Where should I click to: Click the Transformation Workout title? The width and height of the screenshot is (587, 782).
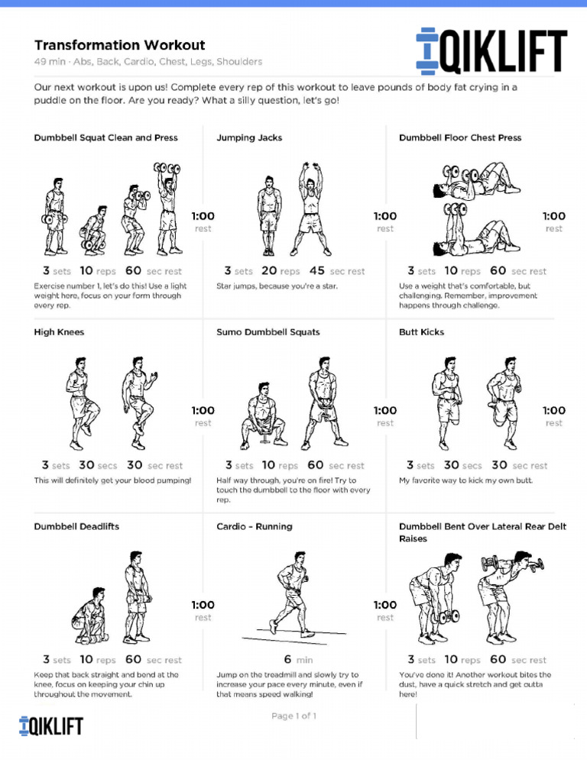(119, 46)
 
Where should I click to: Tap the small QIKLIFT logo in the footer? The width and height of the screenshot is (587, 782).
(50, 725)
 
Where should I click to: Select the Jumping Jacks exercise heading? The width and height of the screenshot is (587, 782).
(249, 138)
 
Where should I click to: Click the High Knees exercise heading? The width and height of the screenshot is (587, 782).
(59, 332)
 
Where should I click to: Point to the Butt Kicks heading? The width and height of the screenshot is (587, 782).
(421, 332)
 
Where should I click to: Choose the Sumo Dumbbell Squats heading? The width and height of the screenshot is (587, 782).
(268, 332)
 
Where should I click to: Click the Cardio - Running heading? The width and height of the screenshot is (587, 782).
(255, 527)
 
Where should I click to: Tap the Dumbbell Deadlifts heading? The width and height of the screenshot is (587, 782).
(76, 527)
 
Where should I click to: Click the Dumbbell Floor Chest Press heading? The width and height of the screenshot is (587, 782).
(460, 138)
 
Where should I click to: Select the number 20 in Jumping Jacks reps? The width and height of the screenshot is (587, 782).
(269, 271)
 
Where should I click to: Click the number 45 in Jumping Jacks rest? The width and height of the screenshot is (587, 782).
(317, 271)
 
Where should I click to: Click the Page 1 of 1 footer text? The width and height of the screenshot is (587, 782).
(293, 716)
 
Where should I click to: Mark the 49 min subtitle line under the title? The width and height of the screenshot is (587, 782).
(148, 62)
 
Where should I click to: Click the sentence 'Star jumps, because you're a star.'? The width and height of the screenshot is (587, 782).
(277, 286)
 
